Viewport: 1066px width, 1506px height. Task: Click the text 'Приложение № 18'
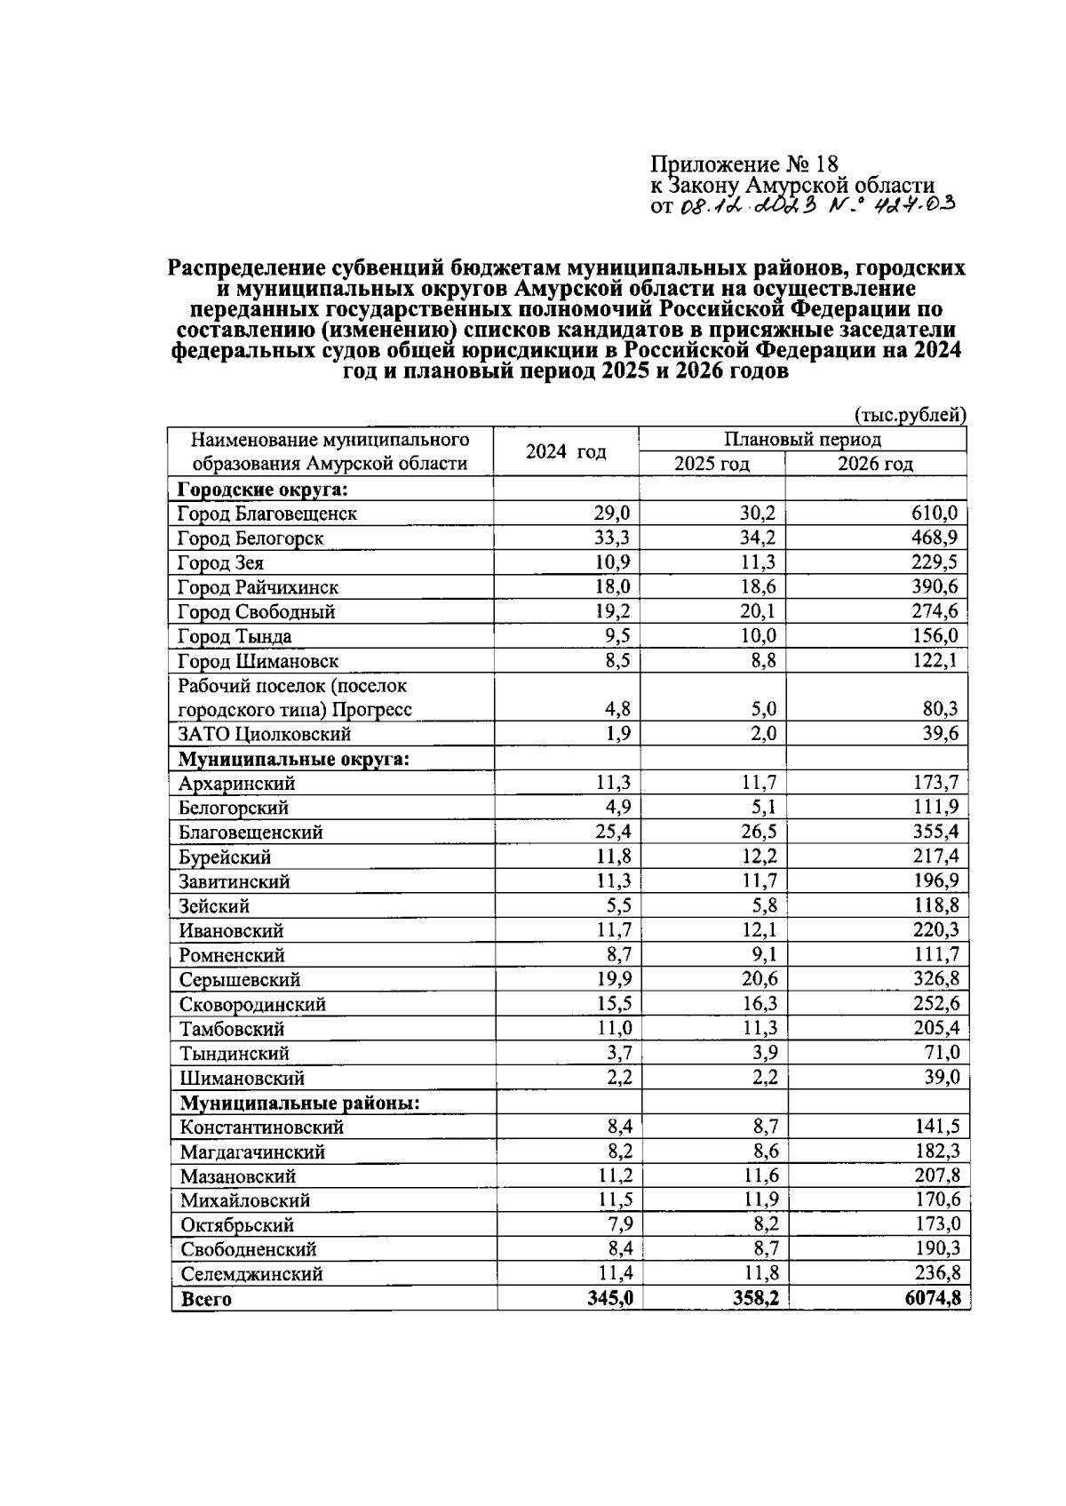pyautogui.click(x=744, y=164)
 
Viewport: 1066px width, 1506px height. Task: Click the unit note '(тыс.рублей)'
pyautogui.click(x=910, y=415)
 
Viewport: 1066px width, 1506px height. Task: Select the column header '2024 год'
pyautogui.click(x=566, y=451)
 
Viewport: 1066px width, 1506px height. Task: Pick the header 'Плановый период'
pyautogui.click(x=802, y=439)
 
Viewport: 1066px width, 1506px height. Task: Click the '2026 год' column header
pyautogui.click(x=875, y=464)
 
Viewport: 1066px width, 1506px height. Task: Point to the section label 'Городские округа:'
pyautogui.click(x=262, y=489)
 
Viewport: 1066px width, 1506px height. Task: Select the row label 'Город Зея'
pyautogui.click(x=220, y=562)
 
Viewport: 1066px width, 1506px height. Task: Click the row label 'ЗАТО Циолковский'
pyautogui.click(x=265, y=734)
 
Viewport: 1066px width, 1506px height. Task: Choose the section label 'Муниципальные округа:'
pyautogui.click(x=294, y=759)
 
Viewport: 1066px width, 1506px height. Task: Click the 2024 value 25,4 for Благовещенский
pyautogui.click(x=612, y=833)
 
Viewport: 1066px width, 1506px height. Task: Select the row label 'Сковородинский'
pyautogui.click(x=252, y=1004)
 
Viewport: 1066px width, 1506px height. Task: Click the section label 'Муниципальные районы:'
pyautogui.click(x=299, y=1103)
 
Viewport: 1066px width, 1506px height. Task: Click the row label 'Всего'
pyautogui.click(x=206, y=1299)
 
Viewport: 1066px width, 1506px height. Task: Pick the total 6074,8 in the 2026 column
pyautogui.click(x=933, y=1299)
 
